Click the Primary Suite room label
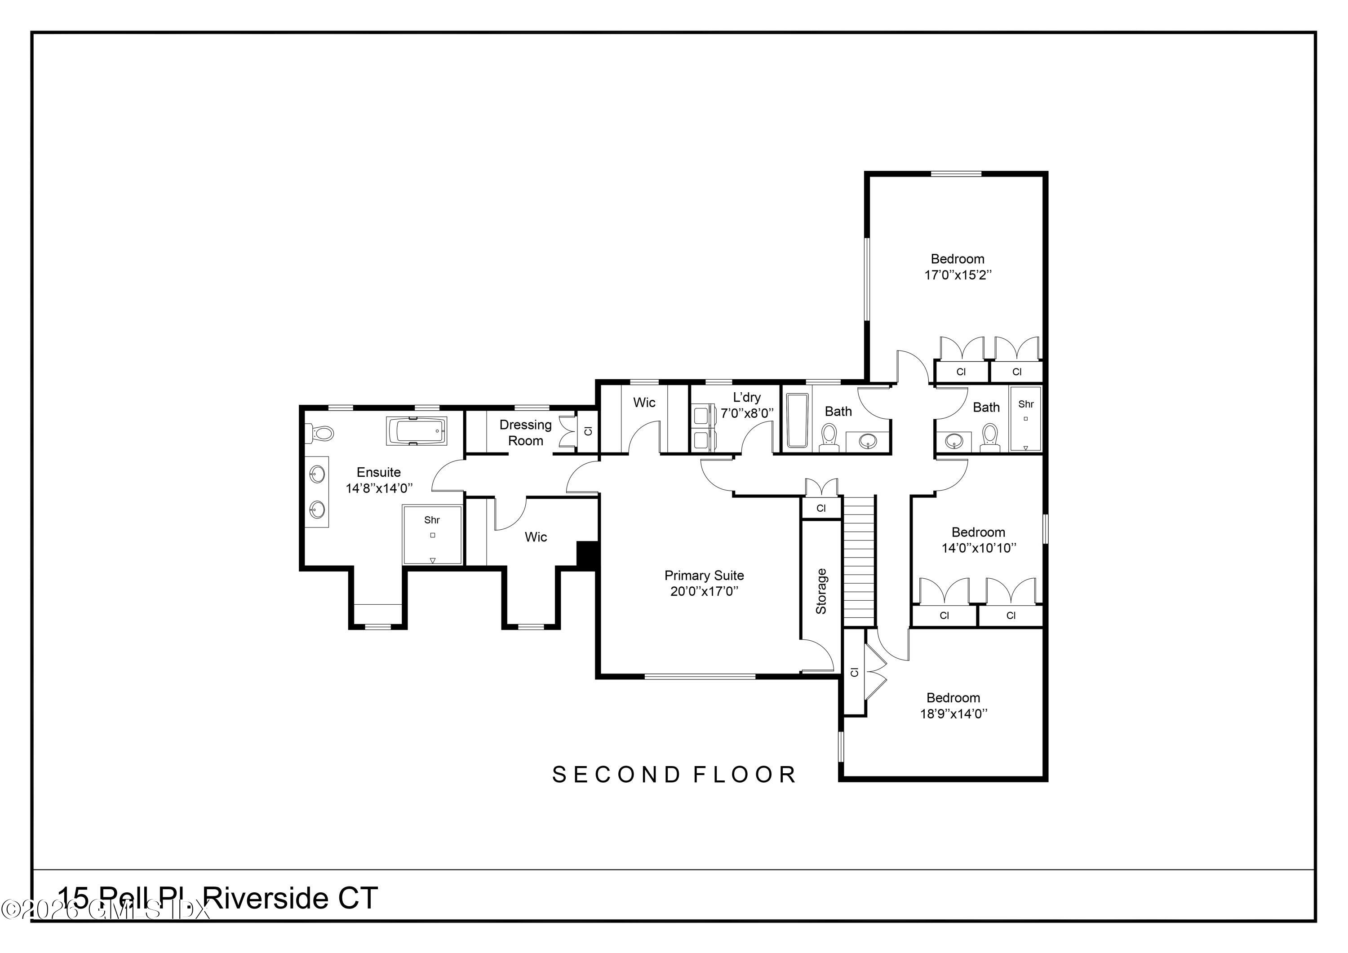click(x=704, y=576)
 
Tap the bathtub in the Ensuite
click(x=416, y=432)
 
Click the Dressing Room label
click(x=525, y=433)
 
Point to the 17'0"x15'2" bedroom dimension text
click(x=958, y=275)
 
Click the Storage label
click(x=821, y=591)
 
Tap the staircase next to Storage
click(x=860, y=561)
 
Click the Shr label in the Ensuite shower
click(x=432, y=520)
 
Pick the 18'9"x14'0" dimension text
click(x=953, y=714)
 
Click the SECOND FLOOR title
click(x=674, y=775)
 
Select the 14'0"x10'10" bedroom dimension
click(x=979, y=548)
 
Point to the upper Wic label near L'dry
click(x=644, y=403)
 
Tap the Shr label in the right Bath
click(x=1026, y=404)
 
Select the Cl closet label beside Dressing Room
click(x=588, y=431)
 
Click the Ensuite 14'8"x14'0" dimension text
click(x=379, y=488)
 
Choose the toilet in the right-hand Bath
click(x=990, y=438)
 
